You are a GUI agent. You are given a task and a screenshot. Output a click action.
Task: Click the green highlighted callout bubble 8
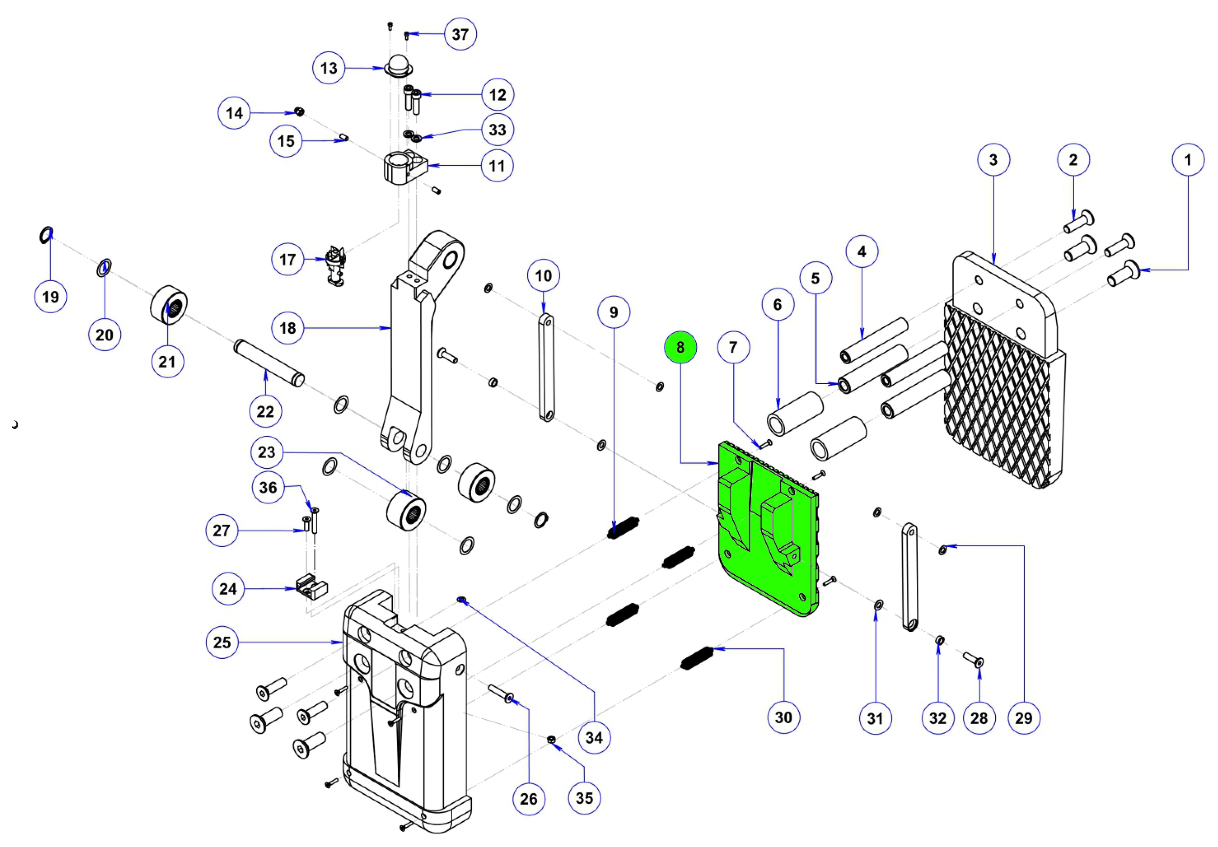(680, 347)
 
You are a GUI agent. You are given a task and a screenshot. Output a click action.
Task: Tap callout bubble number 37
(460, 34)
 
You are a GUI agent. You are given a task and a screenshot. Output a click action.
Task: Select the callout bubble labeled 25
(222, 642)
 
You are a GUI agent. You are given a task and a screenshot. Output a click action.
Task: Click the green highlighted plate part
(764, 531)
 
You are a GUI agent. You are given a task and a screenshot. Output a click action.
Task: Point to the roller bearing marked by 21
(169, 308)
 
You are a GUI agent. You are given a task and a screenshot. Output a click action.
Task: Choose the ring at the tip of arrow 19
(46, 234)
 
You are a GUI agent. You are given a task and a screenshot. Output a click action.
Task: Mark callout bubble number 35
(584, 798)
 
